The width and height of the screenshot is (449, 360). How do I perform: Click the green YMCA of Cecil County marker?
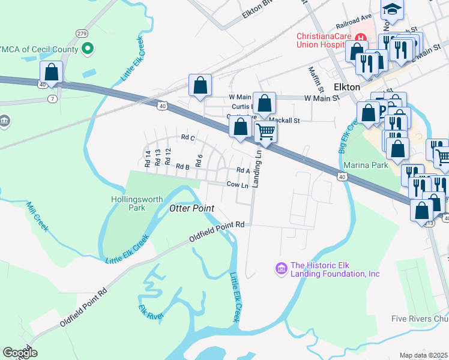click(x=88, y=49)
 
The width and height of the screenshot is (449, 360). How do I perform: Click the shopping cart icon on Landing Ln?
click(x=265, y=131)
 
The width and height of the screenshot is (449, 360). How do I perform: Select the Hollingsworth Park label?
click(x=128, y=203)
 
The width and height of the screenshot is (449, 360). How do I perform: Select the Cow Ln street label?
click(x=237, y=185)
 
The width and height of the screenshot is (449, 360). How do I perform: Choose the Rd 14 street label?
click(x=148, y=158)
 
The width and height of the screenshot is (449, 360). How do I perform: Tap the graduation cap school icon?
click(x=392, y=8)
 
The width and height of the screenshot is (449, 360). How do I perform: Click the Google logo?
click(x=20, y=353)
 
